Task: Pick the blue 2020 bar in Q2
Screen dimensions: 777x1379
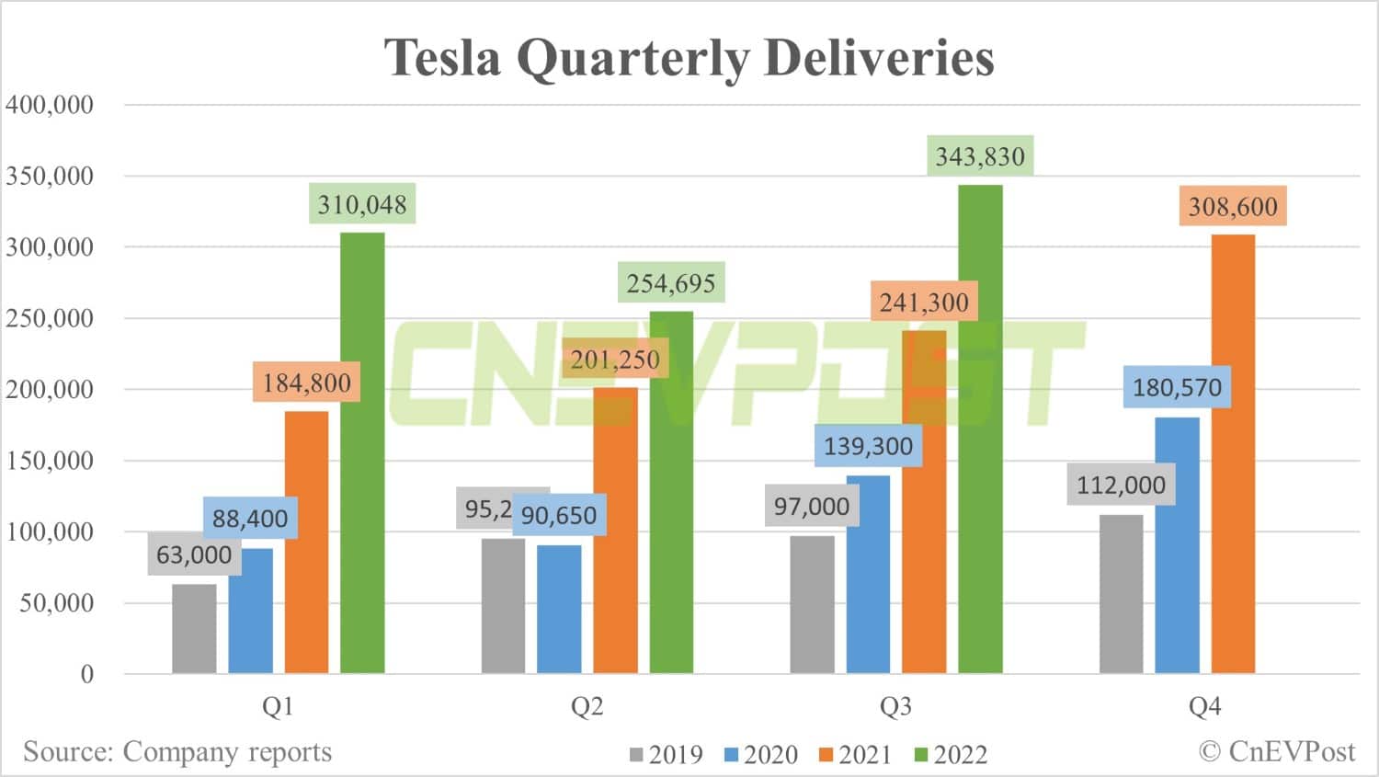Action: (x=559, y=609)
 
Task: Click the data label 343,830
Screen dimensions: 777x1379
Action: (x=980, y=157)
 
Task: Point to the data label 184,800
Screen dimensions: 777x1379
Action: (x=307, y=383)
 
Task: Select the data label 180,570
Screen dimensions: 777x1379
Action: (x=1177, y=387)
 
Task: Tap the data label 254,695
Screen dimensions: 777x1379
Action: (x=671, y=283)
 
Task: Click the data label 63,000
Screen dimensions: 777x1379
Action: (x=194, y=555)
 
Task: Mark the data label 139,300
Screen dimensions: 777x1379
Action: (x=868, y=447)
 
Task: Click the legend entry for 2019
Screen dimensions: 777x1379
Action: (x=667, y=755)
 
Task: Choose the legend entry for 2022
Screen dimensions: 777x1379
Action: (x=951, y=755)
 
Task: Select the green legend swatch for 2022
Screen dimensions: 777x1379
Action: (x=921, y=755)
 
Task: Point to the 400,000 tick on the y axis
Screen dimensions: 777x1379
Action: (x=50, y=105)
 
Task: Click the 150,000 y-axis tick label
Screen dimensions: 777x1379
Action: (x=50, y=461)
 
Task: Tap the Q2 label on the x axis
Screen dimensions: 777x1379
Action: (x=587, y=706)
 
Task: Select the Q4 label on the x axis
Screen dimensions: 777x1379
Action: (x=1204, y=706)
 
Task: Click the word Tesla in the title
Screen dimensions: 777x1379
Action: (x=442, y=57)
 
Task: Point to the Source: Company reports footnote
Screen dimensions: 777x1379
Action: (x=177, y=751)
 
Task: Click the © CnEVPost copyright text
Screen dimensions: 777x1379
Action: (x=1277, y=751)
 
